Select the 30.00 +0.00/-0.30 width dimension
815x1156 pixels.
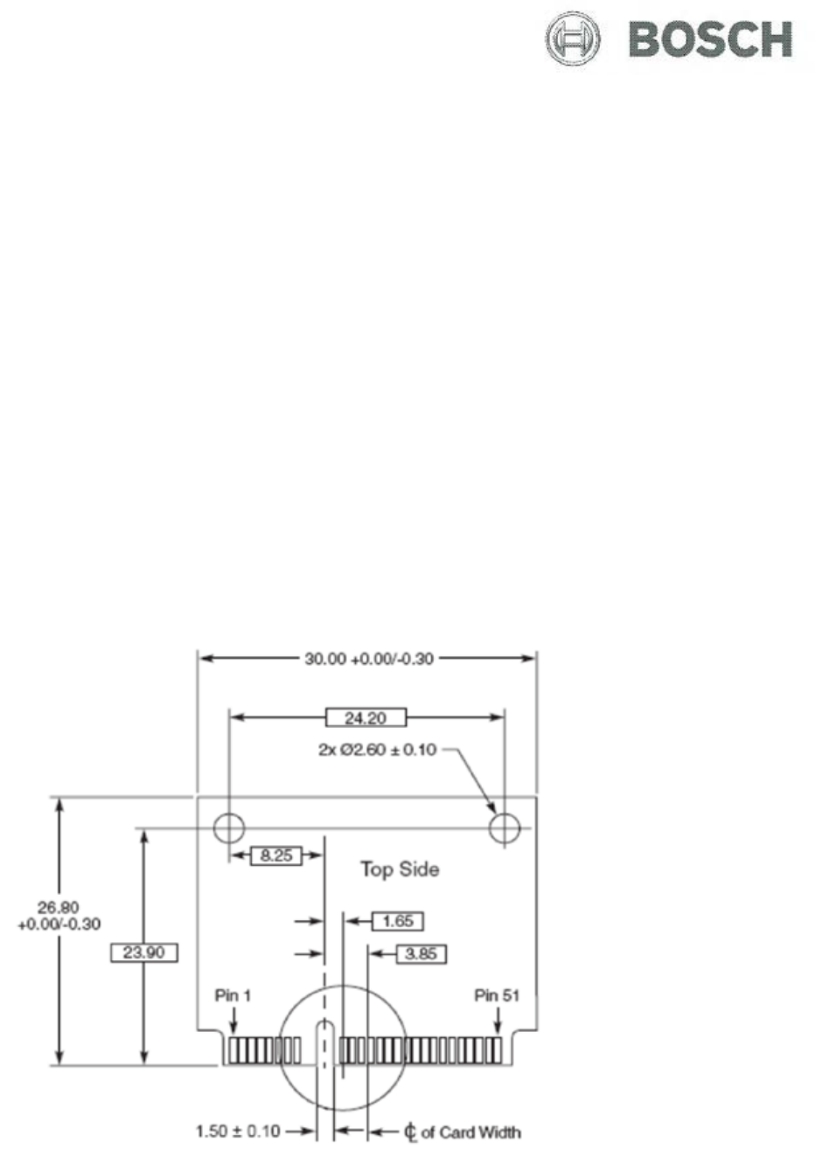point(368,658)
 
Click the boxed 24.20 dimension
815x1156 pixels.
point(366,717)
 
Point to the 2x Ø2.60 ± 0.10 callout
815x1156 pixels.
point(377,750)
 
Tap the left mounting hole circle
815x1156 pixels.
point(229,827)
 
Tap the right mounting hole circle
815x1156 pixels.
point(505,827)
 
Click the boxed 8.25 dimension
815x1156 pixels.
point(276,855)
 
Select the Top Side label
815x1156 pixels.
point(400,869)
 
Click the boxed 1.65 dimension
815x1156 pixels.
point(398,920)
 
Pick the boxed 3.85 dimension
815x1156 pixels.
point(421,953)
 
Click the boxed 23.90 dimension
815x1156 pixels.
point(144,952)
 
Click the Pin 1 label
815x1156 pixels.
point(233,995)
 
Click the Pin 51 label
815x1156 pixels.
point(497,995)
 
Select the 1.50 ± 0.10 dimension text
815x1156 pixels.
point(237,1132)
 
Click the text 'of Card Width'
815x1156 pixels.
point(470,1132)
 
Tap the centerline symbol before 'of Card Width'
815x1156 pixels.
point(410,1133)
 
